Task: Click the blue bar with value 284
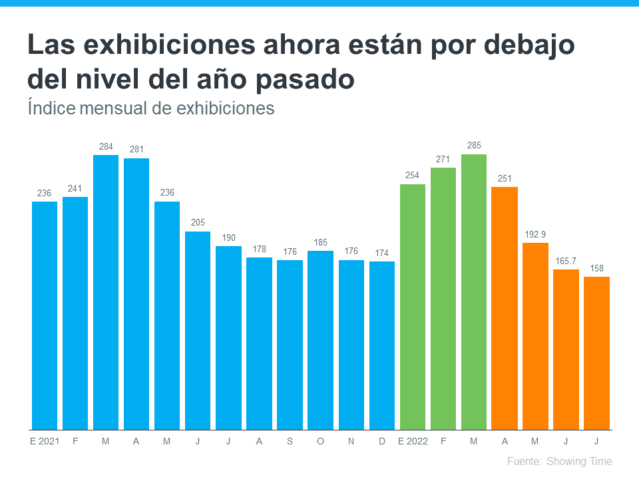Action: click(x=106, y=292)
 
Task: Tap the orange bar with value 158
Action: click(x=596, y=353)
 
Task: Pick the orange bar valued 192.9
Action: click(x=535, y=336)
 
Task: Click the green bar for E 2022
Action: click(x=413, y=307)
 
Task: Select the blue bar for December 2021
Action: click(x=382, y=345)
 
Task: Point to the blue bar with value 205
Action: click(x=198, y=330)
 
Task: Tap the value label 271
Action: click(x=443, y=158)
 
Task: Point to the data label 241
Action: click(x=75, y=188)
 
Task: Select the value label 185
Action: click(x=321, y=241)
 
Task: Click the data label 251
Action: click(x=505, y=178)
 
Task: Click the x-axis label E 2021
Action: click(x=45, y=441)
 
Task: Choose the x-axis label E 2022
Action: click(x=413, y=441)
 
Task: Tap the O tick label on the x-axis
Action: click(x=321, y=441)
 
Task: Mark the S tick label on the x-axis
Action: click(x=290, y=441)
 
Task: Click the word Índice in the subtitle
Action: click(x=51, y=108)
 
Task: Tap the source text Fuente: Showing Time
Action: click(x=559, y=461)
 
